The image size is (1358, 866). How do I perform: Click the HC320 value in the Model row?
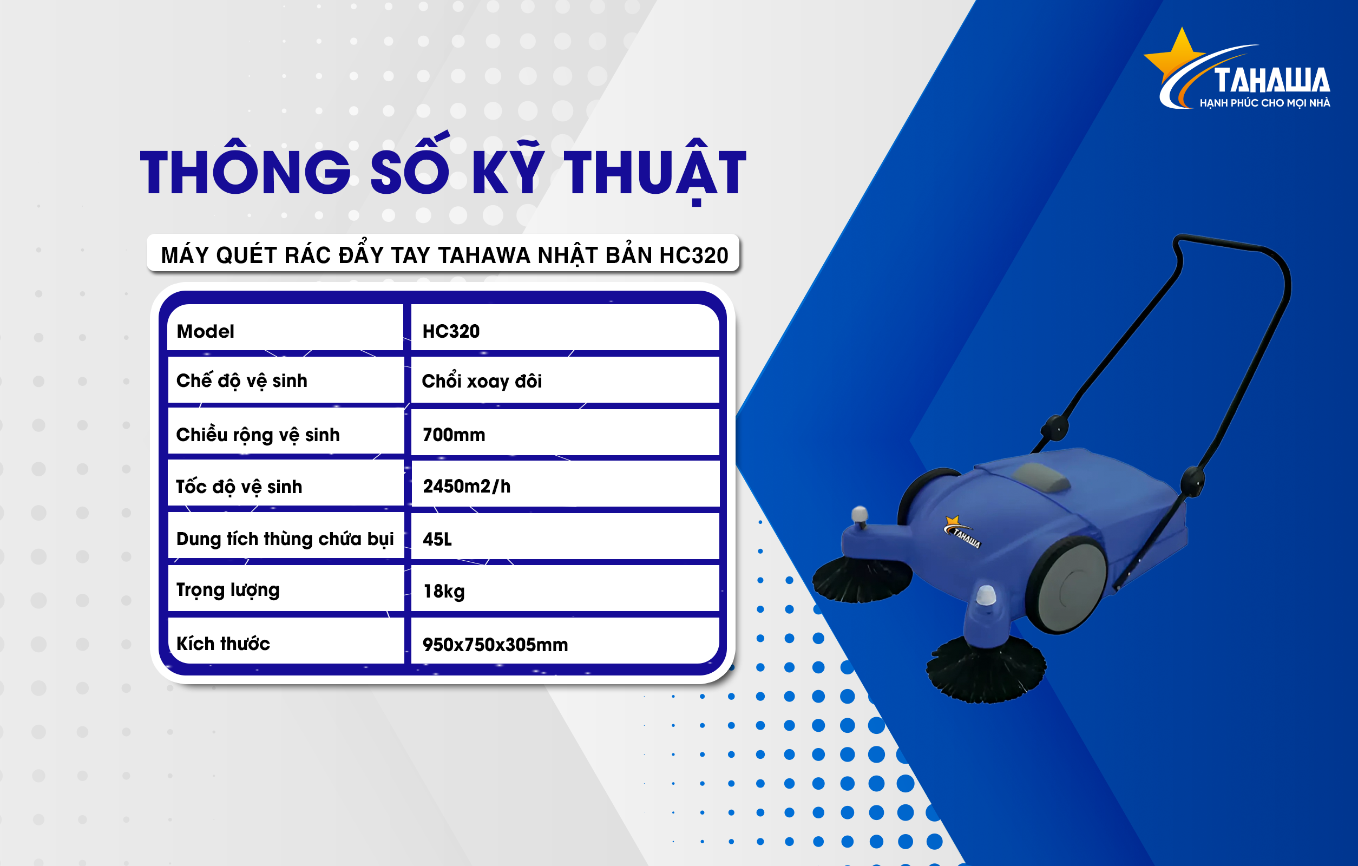451,331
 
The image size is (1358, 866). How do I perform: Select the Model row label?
205,331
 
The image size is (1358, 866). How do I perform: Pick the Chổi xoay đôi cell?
482,380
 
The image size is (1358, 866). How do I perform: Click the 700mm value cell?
454,435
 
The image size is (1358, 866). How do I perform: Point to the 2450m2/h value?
467,486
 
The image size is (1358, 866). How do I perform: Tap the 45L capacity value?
437,539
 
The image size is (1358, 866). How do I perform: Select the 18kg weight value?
444,592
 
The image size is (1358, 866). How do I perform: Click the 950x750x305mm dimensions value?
495,645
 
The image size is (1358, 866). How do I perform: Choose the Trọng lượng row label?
228,591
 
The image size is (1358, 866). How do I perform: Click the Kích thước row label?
224,643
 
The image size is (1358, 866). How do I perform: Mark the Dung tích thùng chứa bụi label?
285,539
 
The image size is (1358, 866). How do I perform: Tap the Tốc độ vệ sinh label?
239,486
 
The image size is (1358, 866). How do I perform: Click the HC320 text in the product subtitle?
694,255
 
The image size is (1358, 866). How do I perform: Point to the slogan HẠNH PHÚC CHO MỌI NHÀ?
1265,103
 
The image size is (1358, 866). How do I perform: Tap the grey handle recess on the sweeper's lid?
1043,477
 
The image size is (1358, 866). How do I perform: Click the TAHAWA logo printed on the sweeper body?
962,532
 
